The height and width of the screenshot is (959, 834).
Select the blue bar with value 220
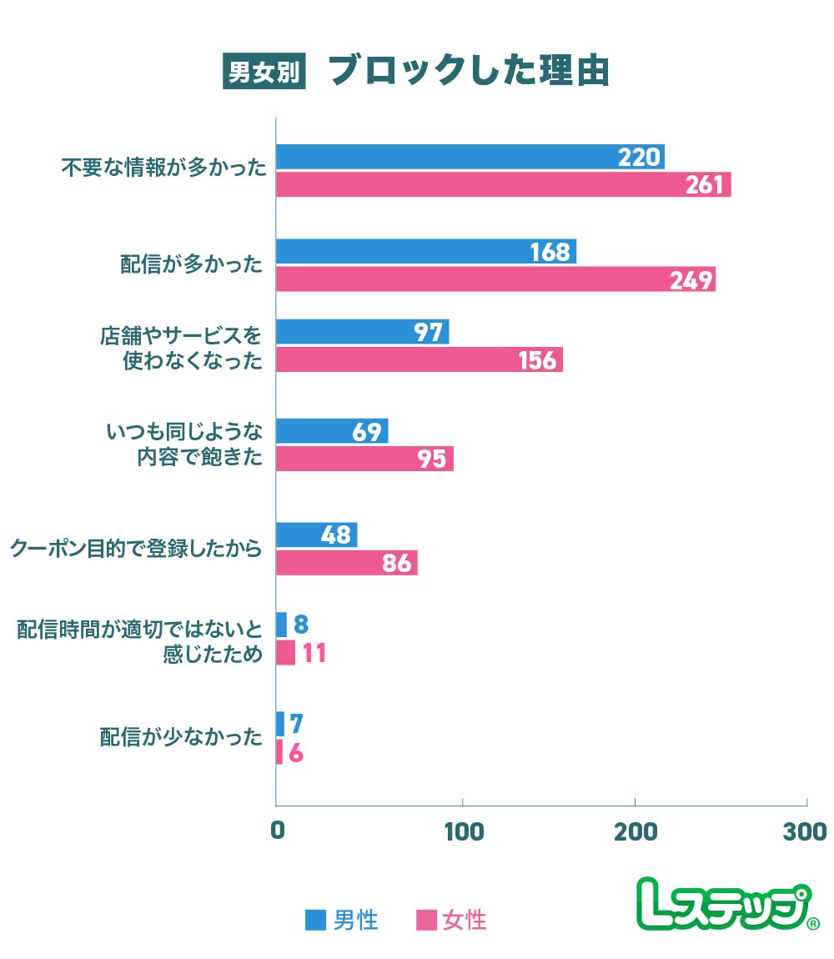pyautogui.click(x=470, y=157)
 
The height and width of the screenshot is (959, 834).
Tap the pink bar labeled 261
pyautogui.click(x=503, y=184)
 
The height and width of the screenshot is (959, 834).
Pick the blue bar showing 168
pyautogui.click(x=425, y=251)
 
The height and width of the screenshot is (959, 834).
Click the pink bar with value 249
pyautogui.click(x=495, y=279)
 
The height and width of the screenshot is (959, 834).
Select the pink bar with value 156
pyautogui.click(x=419, y=359)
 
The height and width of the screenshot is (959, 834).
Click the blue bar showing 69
pyautogui.click(x=331, y=431)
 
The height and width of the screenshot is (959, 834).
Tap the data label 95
pyautogui.click(x=431, y=459)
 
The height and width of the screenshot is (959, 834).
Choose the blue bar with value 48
pyautogui.click(x=316, y=535)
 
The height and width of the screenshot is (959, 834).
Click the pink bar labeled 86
pyautogui.click(x=346, y=563)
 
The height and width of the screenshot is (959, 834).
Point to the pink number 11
pyautogui.click(x=314, y=653)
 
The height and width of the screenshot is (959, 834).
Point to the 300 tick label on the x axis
pyautogui.click(x=806, y=831)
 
